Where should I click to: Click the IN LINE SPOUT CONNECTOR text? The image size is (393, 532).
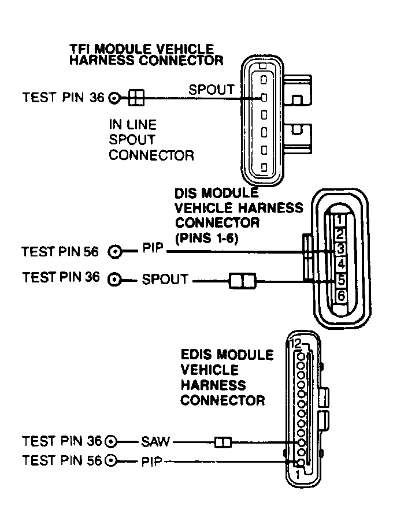151,140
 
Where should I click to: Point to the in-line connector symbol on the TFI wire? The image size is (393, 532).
135,98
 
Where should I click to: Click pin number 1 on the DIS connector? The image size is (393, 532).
341,220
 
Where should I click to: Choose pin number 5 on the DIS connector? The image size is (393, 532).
341,280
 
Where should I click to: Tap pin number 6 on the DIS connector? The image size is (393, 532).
341,295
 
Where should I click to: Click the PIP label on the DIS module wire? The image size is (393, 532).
153,251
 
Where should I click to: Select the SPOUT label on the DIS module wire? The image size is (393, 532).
165,280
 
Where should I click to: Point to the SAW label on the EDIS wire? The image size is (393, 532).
155,442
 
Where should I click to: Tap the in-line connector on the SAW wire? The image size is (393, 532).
223,443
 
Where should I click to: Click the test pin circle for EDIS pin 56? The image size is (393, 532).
112,460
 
